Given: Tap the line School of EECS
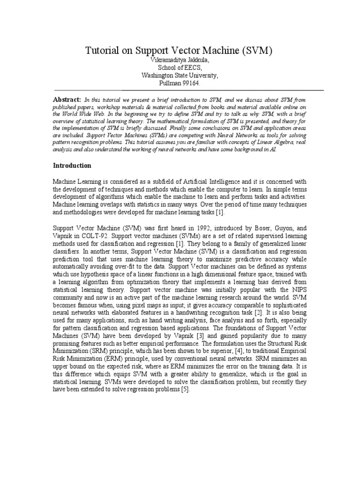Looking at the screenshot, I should point(180,68).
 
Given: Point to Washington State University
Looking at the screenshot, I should point(180,75).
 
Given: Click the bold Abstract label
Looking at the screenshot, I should point(67,100).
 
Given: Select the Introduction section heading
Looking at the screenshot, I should point(72,165).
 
